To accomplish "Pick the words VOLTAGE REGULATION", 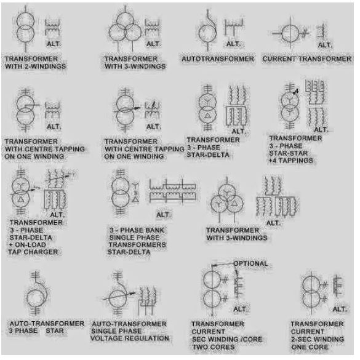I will click(131, 338).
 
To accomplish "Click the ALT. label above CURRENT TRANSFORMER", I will click(324, 46).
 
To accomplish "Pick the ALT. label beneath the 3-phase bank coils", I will click(163, 215).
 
